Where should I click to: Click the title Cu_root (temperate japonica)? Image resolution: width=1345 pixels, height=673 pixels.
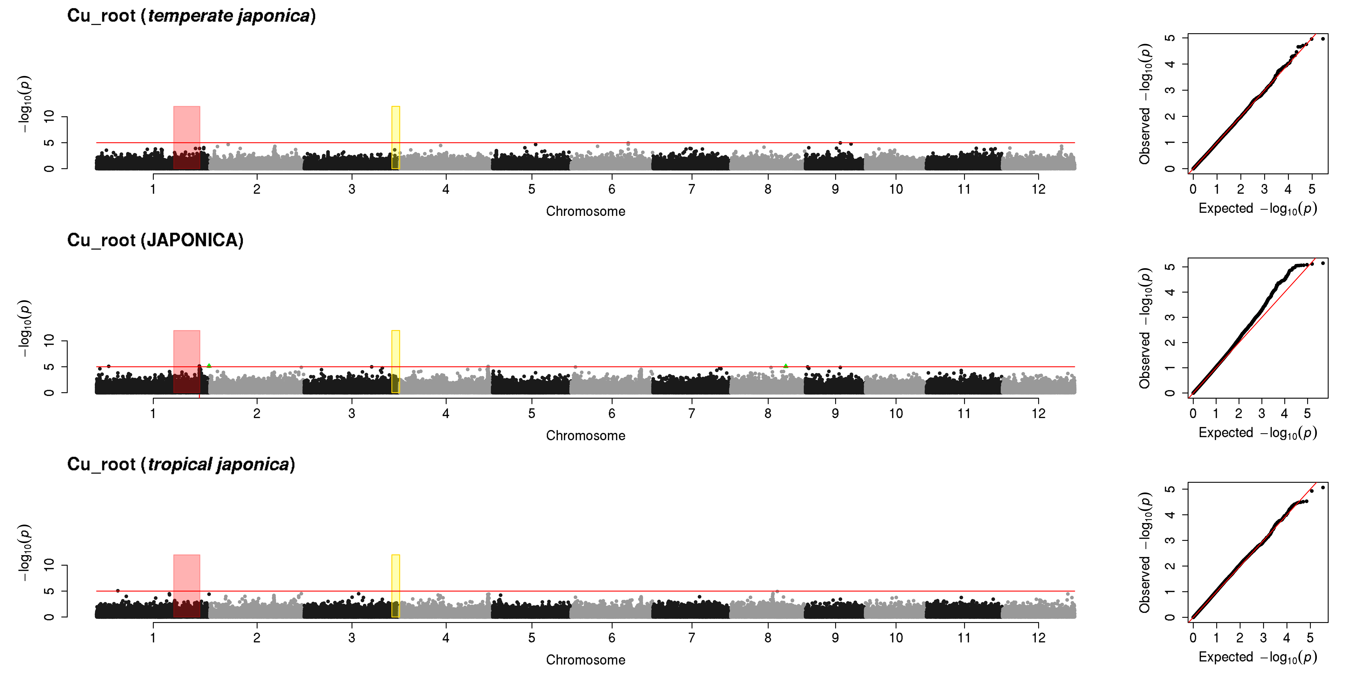pos(191,16)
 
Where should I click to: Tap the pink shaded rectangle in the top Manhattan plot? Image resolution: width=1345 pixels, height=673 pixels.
pos(186,137)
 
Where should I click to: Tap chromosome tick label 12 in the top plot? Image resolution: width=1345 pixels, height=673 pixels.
pos(1038,189)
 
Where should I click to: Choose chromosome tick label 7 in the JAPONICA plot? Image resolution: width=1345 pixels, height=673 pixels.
pos(691,413)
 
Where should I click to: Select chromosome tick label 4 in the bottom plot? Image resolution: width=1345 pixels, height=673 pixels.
pos(445,638)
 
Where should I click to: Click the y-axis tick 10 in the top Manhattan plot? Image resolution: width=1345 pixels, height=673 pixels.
pos(49,117)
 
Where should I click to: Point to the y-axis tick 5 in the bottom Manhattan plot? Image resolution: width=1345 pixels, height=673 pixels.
pos(49,591)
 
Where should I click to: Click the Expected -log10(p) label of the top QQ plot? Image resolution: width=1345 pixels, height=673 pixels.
pos(1257,208)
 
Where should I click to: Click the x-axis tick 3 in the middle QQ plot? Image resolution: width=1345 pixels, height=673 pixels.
pos(1261,413)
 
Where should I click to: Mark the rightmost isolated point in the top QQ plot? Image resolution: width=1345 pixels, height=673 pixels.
pos(1323,39)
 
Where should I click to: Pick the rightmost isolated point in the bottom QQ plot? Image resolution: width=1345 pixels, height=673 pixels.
pos(1323,488)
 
